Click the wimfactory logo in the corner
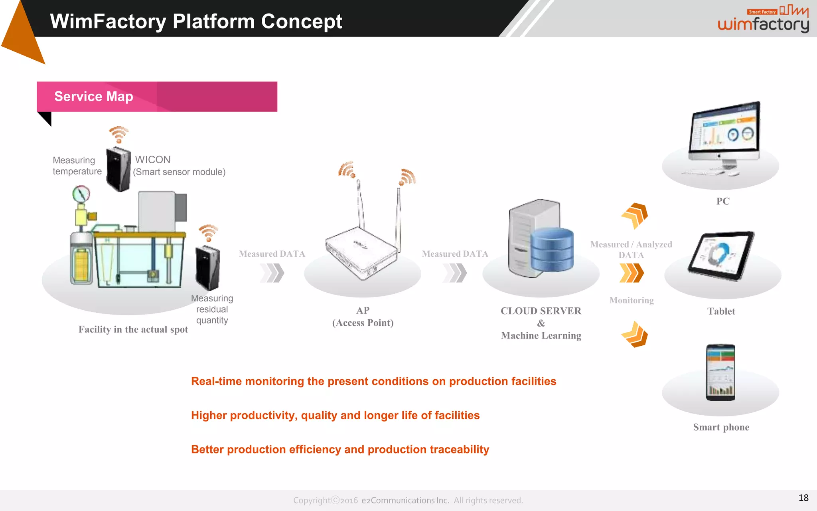(x=763, y=20)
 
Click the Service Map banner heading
(x=94, y=97)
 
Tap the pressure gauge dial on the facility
(x=81, y=195)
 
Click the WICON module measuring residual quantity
(x=207, y=268)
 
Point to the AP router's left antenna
(x=360, y=204)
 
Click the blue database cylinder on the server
(x=552, y=250)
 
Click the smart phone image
(x=720, y=372)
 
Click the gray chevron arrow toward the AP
(x=272, y=273)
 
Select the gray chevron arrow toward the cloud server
(x=455, y=273)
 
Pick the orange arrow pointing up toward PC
(x=635, y=215)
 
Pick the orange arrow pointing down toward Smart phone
(x=635, y=335)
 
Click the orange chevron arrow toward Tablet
(x=631, y=273)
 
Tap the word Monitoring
(x=631, y=300)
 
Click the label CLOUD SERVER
(x=541, y=311)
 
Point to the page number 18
(x=803, y=498)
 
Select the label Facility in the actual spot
(x=133, y=329)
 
